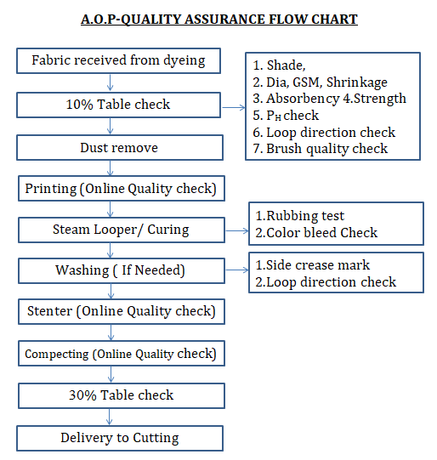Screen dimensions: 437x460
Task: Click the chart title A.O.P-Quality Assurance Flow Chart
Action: [219, 20]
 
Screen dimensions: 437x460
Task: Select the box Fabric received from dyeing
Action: [118, 60]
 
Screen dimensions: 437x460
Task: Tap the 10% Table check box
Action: [118, 105]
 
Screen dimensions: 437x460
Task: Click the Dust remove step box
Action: [120, 148]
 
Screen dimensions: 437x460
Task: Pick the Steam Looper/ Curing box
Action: [122, 230]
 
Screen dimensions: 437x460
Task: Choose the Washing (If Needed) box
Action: [122, 270]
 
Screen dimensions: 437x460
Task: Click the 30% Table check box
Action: [122, 395]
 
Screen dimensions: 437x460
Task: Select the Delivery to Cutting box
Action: [120, 438]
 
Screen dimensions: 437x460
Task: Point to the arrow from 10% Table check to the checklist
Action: [234, 108]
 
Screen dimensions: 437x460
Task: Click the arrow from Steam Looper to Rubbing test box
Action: [237, 231]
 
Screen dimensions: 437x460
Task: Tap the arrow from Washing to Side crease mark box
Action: [237, 270]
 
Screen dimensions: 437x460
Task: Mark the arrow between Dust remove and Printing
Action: [110, 168]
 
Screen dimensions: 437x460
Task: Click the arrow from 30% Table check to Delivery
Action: [109, 417]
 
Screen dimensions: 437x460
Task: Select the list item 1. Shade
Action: [279, 65]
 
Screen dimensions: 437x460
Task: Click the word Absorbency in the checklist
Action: [303, 99]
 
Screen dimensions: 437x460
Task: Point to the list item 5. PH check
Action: [286, 116]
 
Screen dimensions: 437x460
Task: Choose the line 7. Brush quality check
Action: [321, 149]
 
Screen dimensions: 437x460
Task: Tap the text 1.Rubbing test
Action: [299, 216]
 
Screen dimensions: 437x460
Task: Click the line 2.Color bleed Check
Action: [316, 233]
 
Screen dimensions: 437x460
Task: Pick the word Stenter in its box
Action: [49, 311]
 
